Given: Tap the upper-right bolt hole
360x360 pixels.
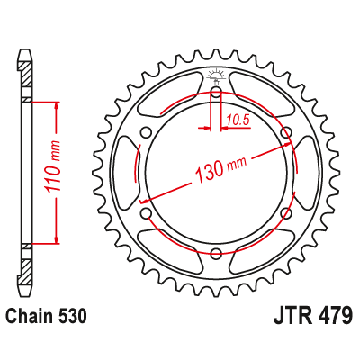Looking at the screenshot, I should (x=287, y=132).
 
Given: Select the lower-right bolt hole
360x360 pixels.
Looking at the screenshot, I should (x=287, y=213).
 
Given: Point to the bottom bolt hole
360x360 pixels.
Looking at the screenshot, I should (x=216, y=255).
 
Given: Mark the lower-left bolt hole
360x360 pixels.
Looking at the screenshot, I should (x=146, y=213).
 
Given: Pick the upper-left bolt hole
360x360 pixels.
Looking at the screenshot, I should (x=146, y=132).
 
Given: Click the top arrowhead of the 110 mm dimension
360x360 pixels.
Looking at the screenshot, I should (x=57, y=104).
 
